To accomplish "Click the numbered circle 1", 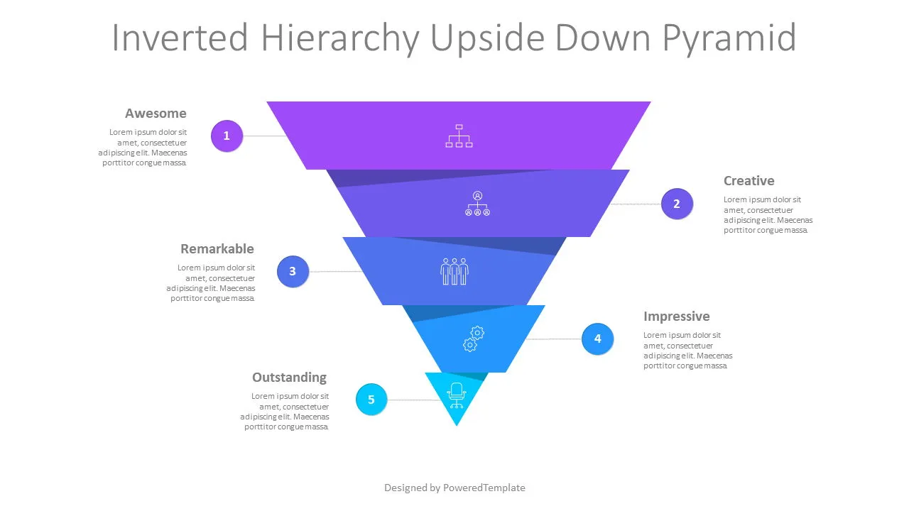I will point(227,136).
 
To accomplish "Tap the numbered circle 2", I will point(676,204).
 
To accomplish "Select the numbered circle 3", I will point(293,271).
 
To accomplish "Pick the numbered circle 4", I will point(597,339).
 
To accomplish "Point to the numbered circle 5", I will point(371,400).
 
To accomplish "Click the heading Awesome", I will point(156,114).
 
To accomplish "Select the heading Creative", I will point(749,181).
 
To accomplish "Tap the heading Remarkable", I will point(217,249).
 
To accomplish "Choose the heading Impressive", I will point(676,317).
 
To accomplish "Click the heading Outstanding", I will point(289,378).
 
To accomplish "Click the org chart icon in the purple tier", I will point(459,136).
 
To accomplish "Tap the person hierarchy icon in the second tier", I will point(477,203).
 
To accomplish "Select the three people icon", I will point(454,271).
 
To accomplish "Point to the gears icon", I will point(473,339).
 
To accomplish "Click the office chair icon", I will point(456,395).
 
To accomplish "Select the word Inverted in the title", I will point(180,38).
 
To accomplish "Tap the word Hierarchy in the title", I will point(337,38).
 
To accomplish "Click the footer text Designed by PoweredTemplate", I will point(454,488).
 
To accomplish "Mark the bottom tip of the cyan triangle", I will point(457,425).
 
